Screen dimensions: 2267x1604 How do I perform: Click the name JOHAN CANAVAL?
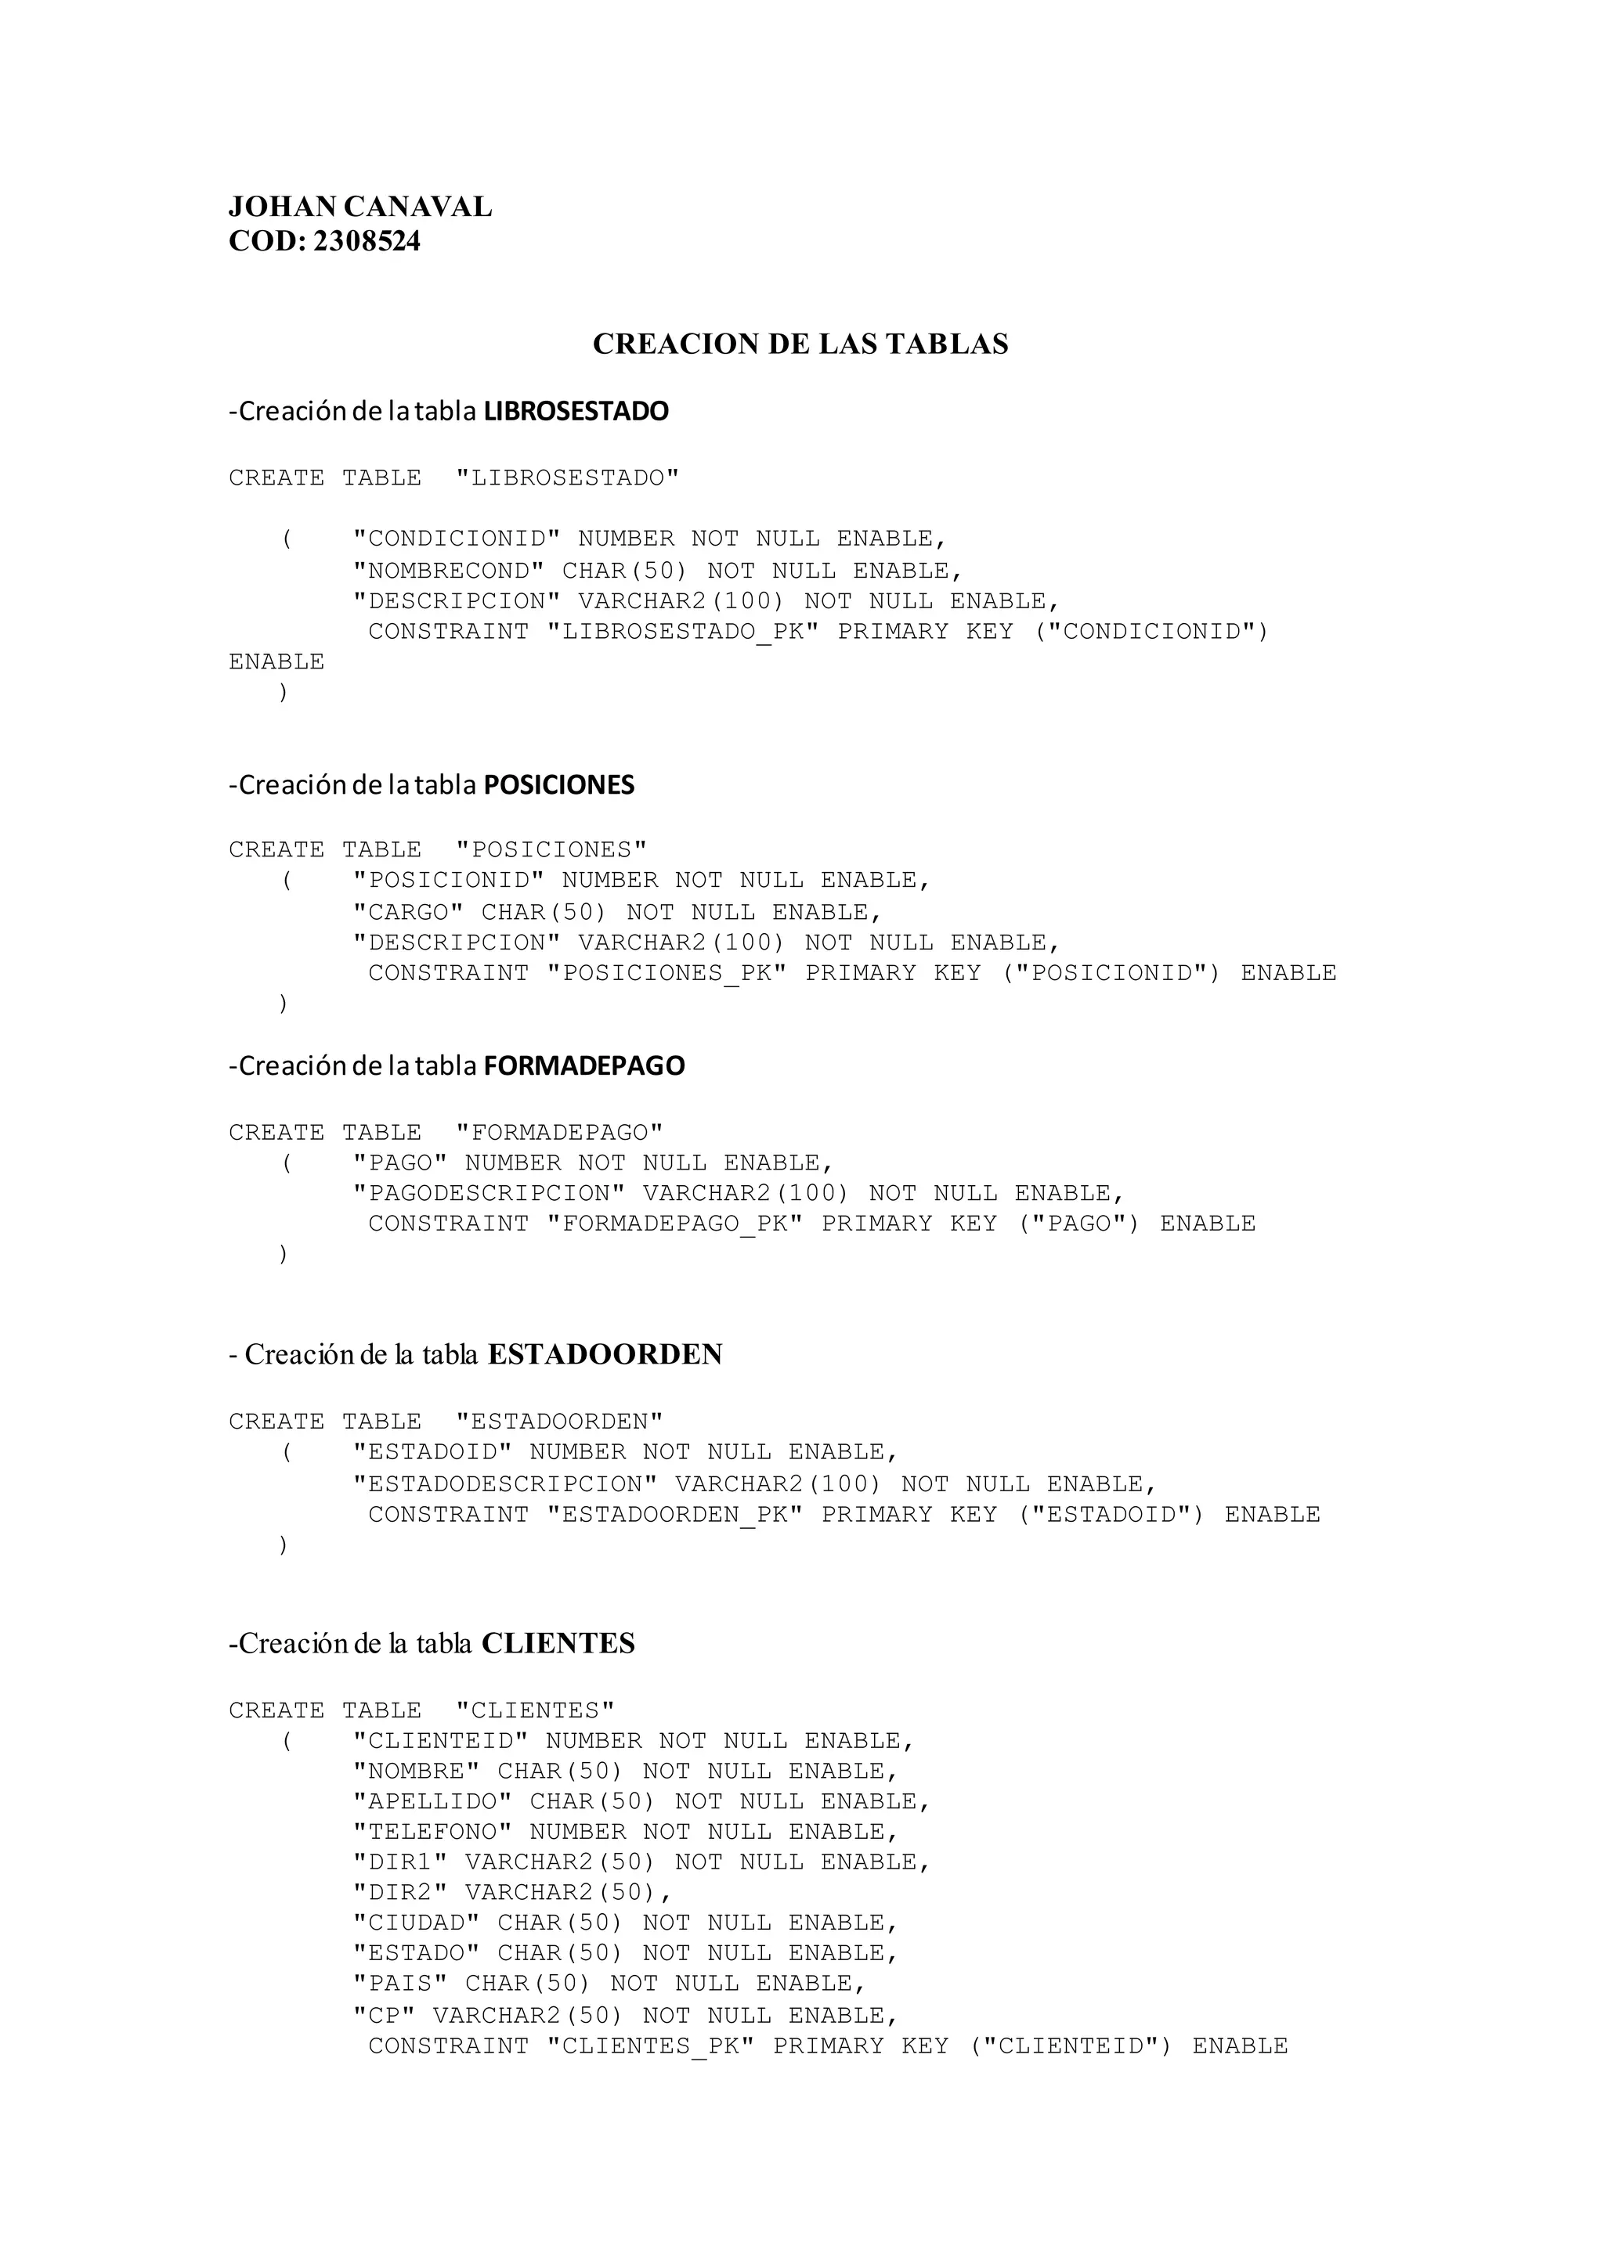point(359,207)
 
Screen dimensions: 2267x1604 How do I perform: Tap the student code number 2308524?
point(367,242)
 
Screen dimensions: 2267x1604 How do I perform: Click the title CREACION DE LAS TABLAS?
point(800,344)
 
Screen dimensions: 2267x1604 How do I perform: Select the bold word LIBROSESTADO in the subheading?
point(576,412)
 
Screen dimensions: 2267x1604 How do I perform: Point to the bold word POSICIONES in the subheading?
point(558,786)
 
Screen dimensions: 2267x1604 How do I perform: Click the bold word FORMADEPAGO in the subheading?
point(583,1066)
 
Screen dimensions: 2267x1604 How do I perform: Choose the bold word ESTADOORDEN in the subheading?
point(605,1355)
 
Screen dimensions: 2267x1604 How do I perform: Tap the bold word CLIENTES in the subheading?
point(558,1644)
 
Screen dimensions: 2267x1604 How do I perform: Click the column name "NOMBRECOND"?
point(449,571)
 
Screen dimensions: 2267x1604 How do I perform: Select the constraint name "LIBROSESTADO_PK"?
point(682,632)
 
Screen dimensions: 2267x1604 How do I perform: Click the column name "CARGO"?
point(408,912)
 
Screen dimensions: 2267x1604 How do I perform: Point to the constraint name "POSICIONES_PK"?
point(667,974)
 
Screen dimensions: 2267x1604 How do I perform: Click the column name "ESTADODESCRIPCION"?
point(504,1484)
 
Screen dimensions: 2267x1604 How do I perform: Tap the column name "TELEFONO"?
point(432,1833)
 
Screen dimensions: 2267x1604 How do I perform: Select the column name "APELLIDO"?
point(432,1802)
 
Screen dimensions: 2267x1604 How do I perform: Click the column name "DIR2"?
point(400,1893)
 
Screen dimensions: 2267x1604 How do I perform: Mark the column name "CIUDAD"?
point(417,1923)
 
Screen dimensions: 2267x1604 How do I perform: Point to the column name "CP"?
point(385,2015)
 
